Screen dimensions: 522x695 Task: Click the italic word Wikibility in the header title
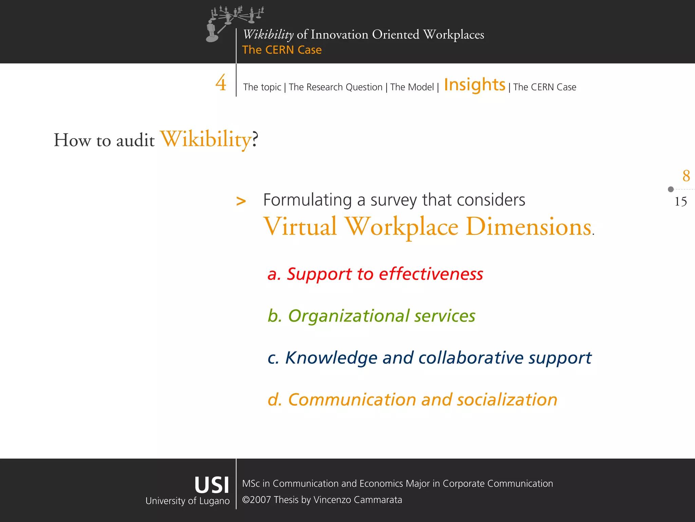(268, 35)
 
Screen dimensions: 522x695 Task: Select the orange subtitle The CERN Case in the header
(282, 50)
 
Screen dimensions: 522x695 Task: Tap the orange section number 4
(221, 83)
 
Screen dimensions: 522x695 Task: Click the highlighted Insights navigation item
(474, 85)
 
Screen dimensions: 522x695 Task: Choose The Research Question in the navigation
(335, 87)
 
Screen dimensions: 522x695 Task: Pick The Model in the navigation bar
(412, 87)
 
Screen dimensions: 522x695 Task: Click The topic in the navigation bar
(262, 87)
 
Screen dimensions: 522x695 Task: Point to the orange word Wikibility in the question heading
(206, 139)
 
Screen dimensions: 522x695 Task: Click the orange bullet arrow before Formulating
(241, 201)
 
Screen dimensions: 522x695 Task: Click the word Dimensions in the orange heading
(528, 227)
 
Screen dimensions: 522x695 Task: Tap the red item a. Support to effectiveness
(375, 274)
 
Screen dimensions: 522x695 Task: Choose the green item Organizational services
(371, 316)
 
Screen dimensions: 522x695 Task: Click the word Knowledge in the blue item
(331, 358)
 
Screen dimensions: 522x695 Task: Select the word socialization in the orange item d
(507, 400)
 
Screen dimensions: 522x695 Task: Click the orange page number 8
(686, 176)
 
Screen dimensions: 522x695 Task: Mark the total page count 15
(680, 202)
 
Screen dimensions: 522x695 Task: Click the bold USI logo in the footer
(211, 485)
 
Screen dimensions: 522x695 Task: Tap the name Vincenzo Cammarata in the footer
(358, 500)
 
